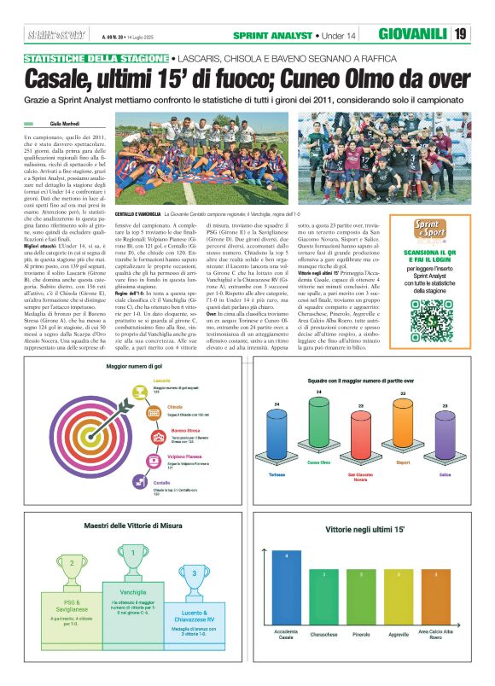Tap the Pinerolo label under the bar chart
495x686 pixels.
click(360, 636)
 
